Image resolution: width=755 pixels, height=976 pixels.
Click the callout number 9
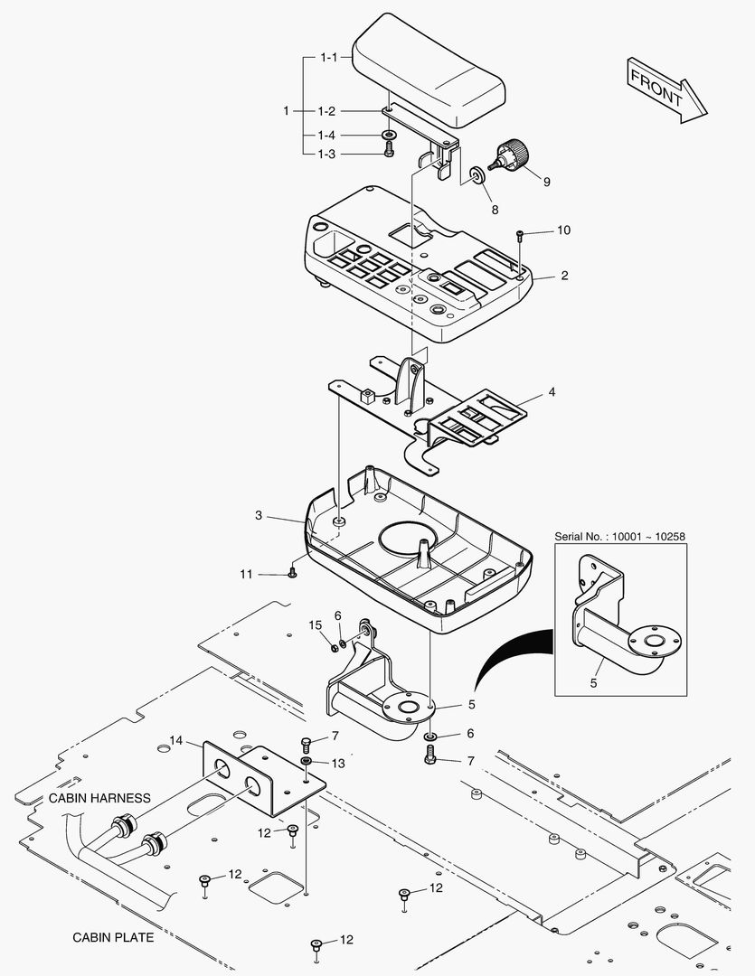tap(546, 181)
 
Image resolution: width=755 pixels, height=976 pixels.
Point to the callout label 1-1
tap(327, 57)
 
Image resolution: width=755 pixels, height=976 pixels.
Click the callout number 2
tap(564, 276)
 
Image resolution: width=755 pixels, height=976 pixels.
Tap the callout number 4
tap(551, 393)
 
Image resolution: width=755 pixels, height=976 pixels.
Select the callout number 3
tap(259, 515)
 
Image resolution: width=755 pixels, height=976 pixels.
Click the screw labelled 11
tap(292, 573)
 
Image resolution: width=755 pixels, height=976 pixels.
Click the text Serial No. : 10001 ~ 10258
tap(619, 536)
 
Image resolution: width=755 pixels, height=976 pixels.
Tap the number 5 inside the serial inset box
tap(594, 683)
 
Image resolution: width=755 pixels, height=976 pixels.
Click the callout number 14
tap(175, 741)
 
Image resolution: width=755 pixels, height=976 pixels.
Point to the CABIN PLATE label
tap(113, 937)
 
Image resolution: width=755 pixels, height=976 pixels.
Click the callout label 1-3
tap(327, 154)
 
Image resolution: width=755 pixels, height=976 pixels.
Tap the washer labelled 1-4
tap(389, 136)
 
